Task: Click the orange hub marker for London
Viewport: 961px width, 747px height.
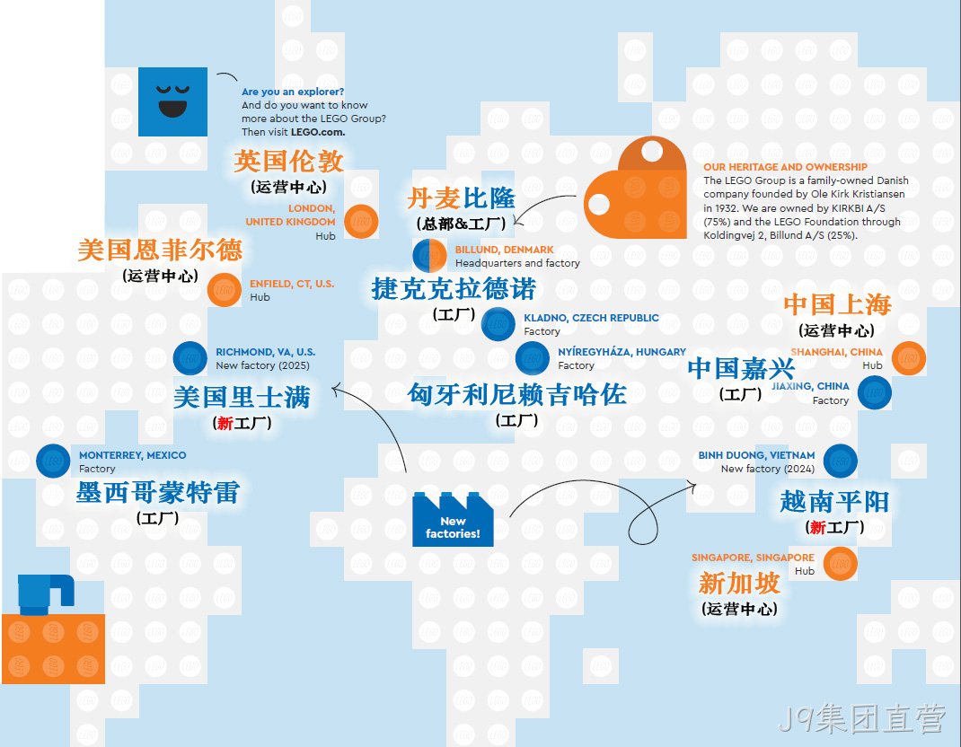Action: [x=361, y=221]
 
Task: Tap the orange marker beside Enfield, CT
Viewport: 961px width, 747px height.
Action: [x=225, y=290]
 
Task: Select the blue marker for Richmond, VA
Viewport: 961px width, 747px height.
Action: [x=190, y=358]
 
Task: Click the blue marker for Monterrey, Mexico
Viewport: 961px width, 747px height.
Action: [x=53, y=461]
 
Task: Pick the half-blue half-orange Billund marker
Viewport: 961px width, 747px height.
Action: [x=429, y=256]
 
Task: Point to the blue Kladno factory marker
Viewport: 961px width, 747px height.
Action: [x=498, y=324]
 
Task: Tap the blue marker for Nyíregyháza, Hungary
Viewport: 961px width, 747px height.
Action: [x=532, y=358]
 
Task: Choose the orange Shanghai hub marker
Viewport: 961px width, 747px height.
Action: [x=908, y=358]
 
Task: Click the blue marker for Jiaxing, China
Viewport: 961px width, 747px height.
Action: [x=875, y=392]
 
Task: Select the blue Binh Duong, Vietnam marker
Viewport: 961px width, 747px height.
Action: [x=841, y=461]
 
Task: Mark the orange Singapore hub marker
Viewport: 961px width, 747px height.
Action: [x=841, y=563]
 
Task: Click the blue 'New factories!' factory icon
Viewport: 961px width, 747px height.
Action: [x=453, y=519]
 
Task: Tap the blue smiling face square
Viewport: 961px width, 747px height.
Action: [x=172, y=101]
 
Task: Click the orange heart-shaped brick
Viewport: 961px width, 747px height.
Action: [x=635, y=188]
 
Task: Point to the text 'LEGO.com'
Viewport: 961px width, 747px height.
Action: [x=318, y=132]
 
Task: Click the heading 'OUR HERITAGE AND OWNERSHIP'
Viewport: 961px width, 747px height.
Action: [x=785, y=167]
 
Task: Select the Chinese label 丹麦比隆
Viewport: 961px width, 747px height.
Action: [x=461, y=198]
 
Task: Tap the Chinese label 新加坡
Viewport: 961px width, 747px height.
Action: [x=739, y=583]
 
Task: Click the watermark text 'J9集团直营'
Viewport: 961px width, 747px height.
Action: [x=861, y=719]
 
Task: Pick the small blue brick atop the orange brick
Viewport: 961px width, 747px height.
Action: [x=46, y=594]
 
